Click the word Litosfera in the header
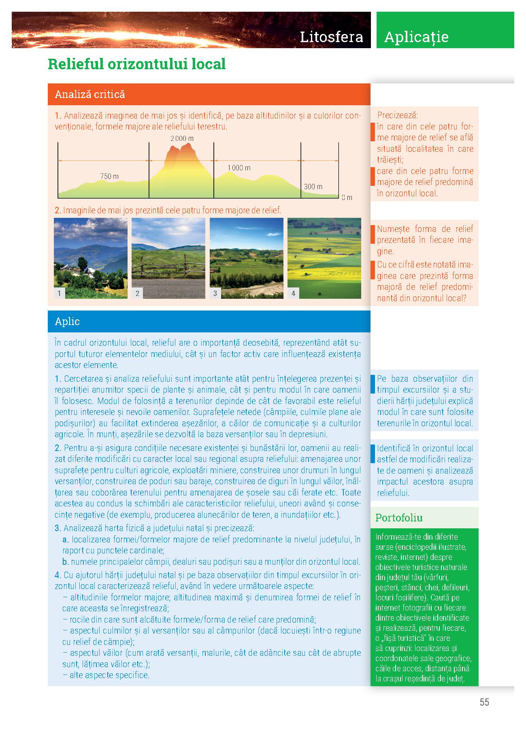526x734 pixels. (331, 37)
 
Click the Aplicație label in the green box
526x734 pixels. (416, 37)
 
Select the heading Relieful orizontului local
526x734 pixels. (136, 64)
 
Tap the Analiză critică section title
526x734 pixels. (90, 94)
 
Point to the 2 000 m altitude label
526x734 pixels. (182, 138)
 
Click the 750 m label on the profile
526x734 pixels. (109, 176)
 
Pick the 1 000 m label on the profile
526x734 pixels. (239, 168)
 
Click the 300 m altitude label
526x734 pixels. (313, 187)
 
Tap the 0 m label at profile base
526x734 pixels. (347, 198)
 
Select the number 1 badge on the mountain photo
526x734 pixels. (59, 293)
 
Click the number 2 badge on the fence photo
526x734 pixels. (137, 293)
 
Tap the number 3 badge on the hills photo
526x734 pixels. (215, 293)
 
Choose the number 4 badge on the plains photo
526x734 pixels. (293, 293)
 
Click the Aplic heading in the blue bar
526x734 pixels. (67, 321)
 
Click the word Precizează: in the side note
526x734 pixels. (398, 115)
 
